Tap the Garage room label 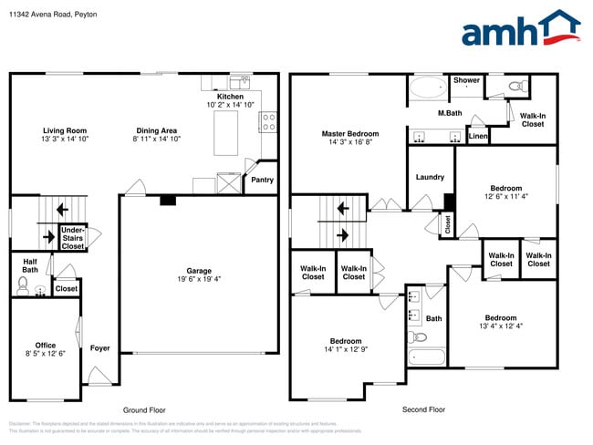(199, 271)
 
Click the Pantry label (262, 180)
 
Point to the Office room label (46, 346)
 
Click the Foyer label (100, 348)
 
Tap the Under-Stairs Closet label (72, 238)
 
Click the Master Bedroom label (349, 134)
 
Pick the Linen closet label (478, 137)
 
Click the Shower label (466, 80)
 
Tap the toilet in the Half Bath (24, 286)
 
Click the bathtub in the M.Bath (425, 89)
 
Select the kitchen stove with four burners (268, 121)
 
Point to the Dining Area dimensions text (157, 140)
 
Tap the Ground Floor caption (144, 409)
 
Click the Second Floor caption (423, 409)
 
